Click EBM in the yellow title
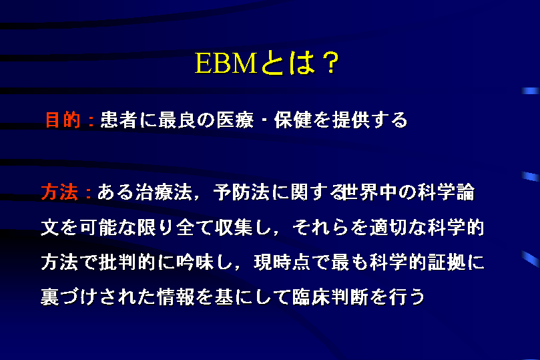coord(226,63)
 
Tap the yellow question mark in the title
coord(331,63)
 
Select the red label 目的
coord(63,120)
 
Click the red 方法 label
coord(59,192)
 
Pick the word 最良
coord(177,120)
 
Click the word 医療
coord(235,120)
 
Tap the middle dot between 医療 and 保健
coord(264,121)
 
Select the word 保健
coord(293,120)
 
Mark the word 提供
coord(351,120)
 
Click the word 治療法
coord(164,192)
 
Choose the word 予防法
coord(242,192)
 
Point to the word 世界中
coord(369,192)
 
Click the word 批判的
coord(127,262)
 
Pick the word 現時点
coord(282,262)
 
